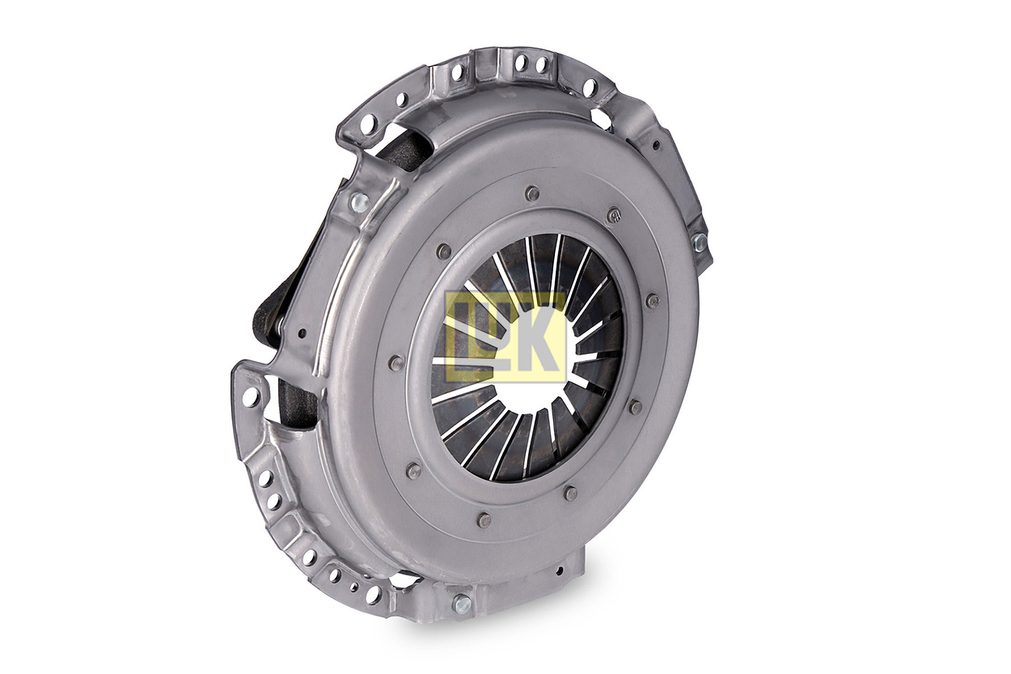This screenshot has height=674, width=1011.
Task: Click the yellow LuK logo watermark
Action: click(504, 336)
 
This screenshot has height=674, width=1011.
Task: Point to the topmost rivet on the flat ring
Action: click(530, 194)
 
